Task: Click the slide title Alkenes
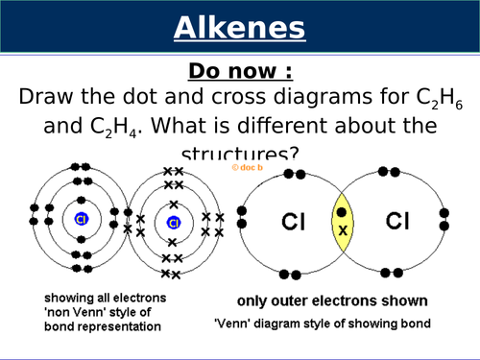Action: click(x=240, y=29)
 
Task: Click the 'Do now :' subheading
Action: click(x=240, y=71)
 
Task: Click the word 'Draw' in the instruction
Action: click(x=48, y=98)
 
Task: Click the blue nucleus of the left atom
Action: click(x=82, y=220)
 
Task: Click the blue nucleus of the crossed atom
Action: click(x=174, y=223)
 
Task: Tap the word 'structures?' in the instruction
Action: click(x=240, y=152)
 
